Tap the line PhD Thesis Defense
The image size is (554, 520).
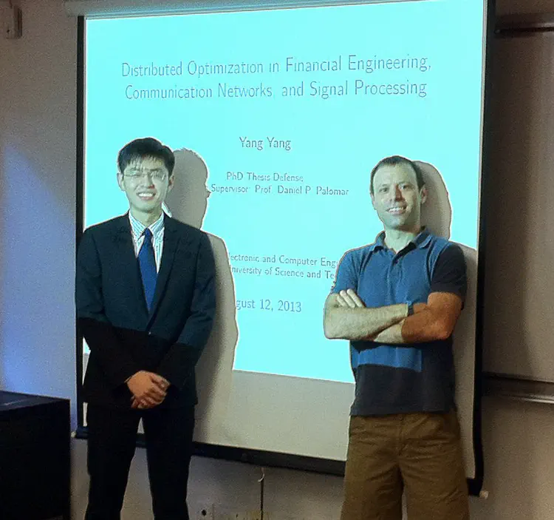(265, 177)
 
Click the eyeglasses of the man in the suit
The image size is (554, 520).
(145, 175)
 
